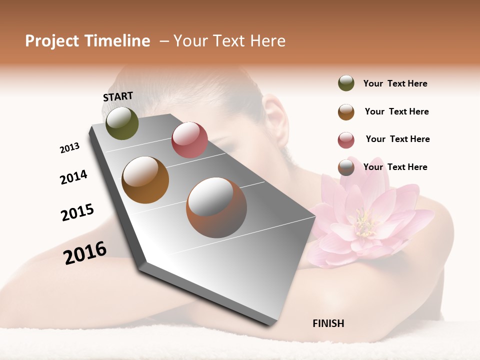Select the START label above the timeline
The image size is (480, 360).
coord(118,96)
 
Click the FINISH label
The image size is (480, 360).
coord(328,323)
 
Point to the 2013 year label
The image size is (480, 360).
coord(69,148)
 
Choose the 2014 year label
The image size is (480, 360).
coord(73,177)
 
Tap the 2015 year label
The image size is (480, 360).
coord(77,212)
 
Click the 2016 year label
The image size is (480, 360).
coord(85,253)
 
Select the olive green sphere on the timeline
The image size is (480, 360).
coord(122,123)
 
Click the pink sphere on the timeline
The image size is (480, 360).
coord(189,139)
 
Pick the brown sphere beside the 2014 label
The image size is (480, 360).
coord(145,180)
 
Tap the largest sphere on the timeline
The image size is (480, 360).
coord(216,207)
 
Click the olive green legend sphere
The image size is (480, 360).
coord(346,83)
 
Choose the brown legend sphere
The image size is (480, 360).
coord(346,112)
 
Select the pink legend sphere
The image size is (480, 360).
coord(346,140)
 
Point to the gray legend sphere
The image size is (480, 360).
coord(346,167)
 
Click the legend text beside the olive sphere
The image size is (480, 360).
coord(395,83)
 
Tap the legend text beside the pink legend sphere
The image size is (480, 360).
coord(397,139)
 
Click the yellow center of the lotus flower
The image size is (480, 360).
coord(364,223)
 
